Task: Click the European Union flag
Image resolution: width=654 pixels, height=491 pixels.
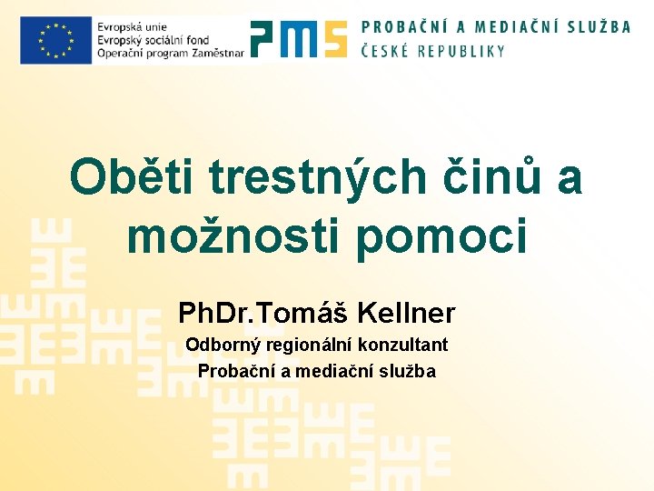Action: (55, 40)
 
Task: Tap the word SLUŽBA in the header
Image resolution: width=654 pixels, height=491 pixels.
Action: (595, 26)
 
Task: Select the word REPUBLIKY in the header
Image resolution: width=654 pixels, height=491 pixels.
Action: (461, 51)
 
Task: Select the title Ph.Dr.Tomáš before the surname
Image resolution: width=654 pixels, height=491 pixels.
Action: (263, 314)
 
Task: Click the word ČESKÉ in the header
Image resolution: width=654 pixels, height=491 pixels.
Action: (385, 51)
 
